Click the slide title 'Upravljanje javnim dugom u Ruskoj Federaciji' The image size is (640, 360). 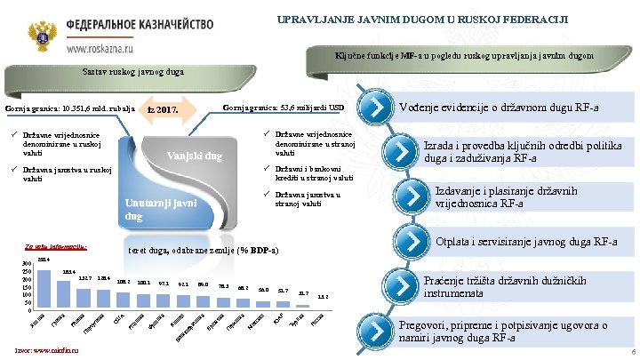pyautogui.click(x=422, y=19)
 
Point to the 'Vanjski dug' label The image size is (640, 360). pyautogui.click(x=195, y=156)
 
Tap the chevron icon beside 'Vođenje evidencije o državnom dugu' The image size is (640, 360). pyautogui.click(x=377, y=108)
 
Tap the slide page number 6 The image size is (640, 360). pyautogui.click(x=628, y=352)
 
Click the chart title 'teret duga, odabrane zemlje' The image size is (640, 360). pyautogui.click(x=204, y=250)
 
